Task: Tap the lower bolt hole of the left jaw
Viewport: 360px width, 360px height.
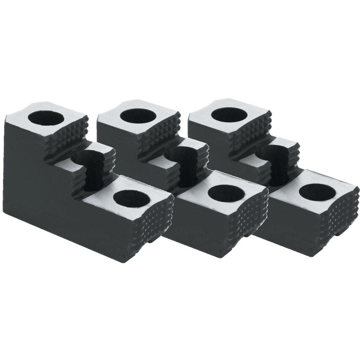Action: coord(129,199)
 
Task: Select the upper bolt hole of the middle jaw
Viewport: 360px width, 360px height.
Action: coord(135,116)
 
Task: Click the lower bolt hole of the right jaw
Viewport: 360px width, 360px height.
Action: coord(317,192)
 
